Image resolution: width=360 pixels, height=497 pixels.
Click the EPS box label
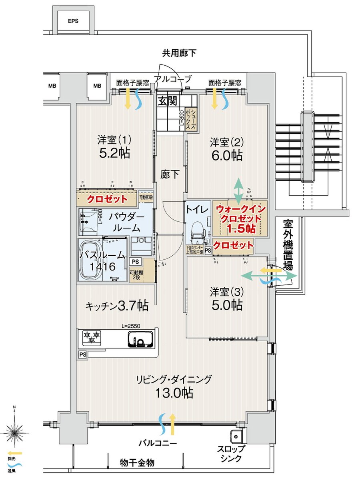[x=73, y=22]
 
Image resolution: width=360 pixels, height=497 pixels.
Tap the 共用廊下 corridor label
[x=179, y=53]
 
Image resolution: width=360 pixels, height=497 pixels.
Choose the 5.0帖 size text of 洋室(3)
[x=226, y=305]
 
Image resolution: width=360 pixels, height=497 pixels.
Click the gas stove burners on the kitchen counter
[x=92, y=337]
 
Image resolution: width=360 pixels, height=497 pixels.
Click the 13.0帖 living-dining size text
[x=175, y=393]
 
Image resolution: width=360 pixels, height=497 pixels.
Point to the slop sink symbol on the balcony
[x=236, y=436]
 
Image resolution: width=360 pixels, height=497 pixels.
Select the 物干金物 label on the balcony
[x=137, y=463]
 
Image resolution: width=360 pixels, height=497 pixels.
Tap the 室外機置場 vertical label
[x=288, y=244]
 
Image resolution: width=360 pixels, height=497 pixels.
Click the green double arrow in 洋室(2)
[x=238, y=190]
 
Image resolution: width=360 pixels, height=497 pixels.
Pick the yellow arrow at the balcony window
[x=172, y=425]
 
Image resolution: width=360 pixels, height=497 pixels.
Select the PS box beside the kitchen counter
[x=82, y=355]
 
